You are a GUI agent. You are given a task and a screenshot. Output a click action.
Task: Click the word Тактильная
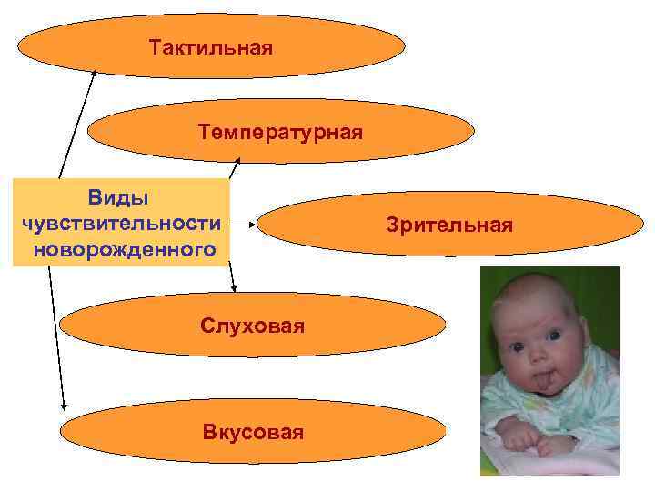[x=211, y=46]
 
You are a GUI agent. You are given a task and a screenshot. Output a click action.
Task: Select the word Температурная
[x=280, y=133]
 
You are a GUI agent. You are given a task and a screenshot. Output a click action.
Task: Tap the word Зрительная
[x=448, y=224]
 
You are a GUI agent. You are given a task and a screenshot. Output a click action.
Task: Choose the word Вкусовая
[x=253, y=432]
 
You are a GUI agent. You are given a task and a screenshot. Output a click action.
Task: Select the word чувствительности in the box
[x=119, y=223]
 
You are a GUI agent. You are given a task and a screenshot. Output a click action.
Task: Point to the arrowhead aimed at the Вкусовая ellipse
[x=63, y=406]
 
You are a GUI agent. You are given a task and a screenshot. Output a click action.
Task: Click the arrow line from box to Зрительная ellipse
[x=243, y=223]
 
